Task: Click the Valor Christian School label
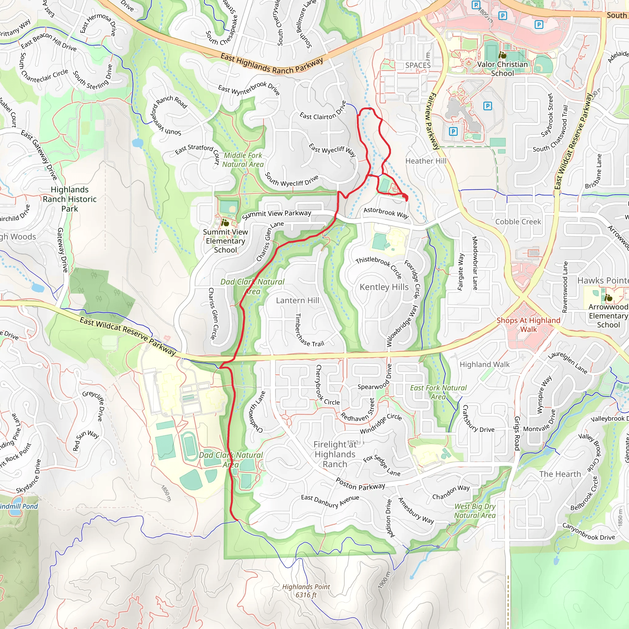[502, 69]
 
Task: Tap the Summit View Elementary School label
[225, 241]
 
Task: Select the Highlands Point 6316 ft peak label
[306, 591]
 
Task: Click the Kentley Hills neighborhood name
[384, 287]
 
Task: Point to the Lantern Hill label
[297, 300]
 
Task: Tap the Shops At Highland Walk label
[528, 325]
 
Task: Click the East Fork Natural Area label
[438, 392]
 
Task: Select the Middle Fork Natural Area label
[243, 160]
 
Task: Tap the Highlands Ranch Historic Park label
[69, 199]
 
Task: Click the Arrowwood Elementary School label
[608, 316]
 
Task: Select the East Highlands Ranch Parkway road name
[272, 64]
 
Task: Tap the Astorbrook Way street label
[386, 213]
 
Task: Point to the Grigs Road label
[517, 433]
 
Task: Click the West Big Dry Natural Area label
[475, 511]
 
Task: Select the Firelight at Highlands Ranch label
[335, 454]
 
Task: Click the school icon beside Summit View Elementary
[225, 223]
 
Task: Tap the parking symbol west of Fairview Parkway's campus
[453, 131]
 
